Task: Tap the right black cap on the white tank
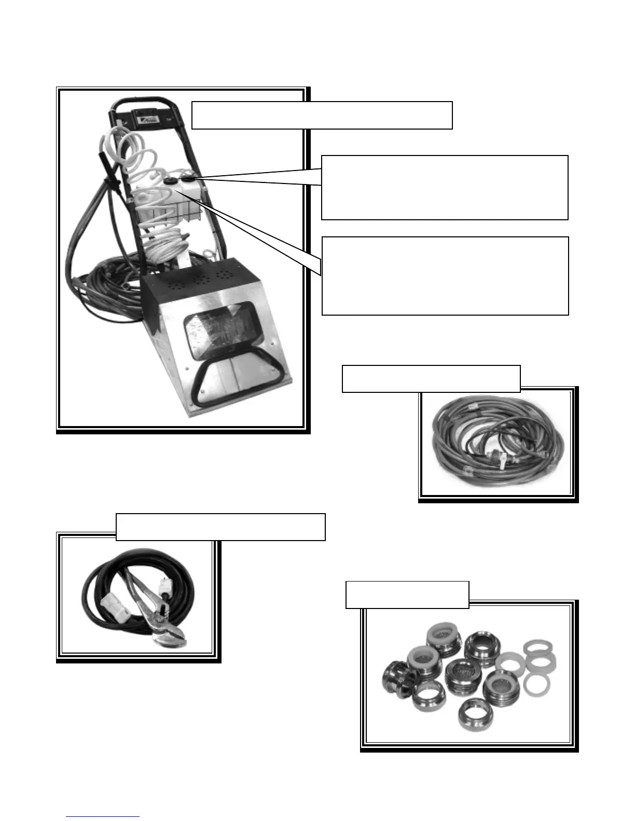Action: click(x=188, y=179)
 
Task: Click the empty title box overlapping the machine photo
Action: click(x=322, y=115)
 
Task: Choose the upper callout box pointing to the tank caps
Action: click(x=445, y=187)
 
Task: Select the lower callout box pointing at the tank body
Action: click(x=445, y=276)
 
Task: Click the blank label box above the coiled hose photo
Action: click(x=431, y=379)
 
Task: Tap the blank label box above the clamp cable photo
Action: click(x=220, y=527)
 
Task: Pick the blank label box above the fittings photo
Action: click(x=407, y=594)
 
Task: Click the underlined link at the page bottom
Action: click(x=103, y=816)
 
